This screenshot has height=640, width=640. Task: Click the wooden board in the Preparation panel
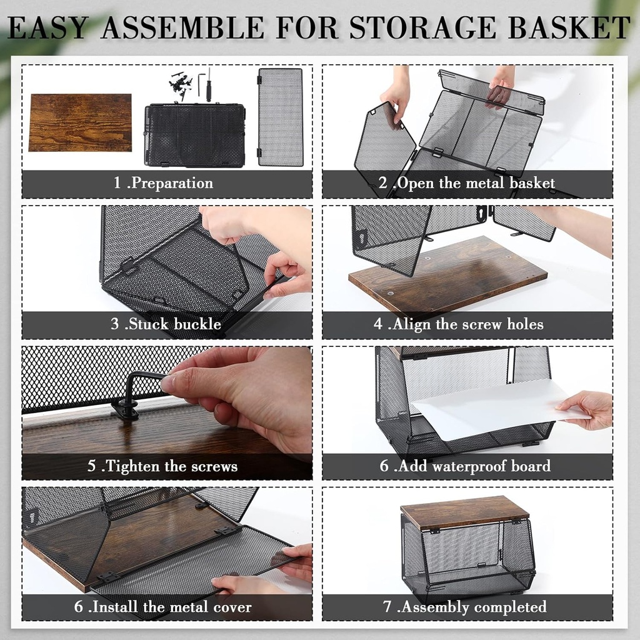point(80,122)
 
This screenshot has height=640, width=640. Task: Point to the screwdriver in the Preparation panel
point(208,85)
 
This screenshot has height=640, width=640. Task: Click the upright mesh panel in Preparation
point(281,117)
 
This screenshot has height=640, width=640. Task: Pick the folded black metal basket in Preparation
point(194,136)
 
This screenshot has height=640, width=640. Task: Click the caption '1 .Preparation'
point(163,184)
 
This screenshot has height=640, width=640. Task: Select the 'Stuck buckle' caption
point(166,324)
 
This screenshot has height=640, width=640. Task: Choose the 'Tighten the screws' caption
point(162,466)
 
